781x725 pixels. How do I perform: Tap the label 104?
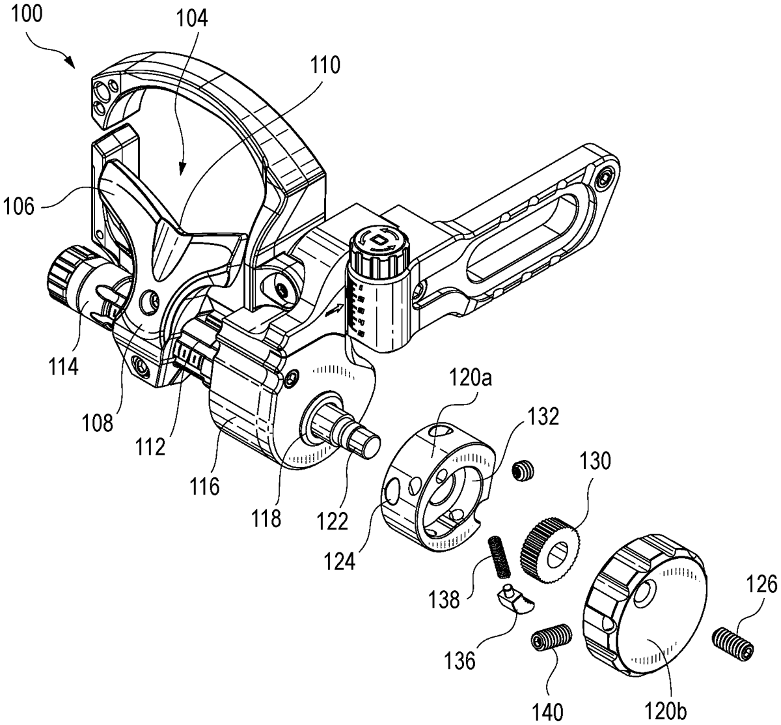point(191,18)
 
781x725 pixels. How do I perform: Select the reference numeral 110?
point(324,65)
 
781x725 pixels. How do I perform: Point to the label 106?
point(19,206)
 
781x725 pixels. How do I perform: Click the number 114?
point(63,367)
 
